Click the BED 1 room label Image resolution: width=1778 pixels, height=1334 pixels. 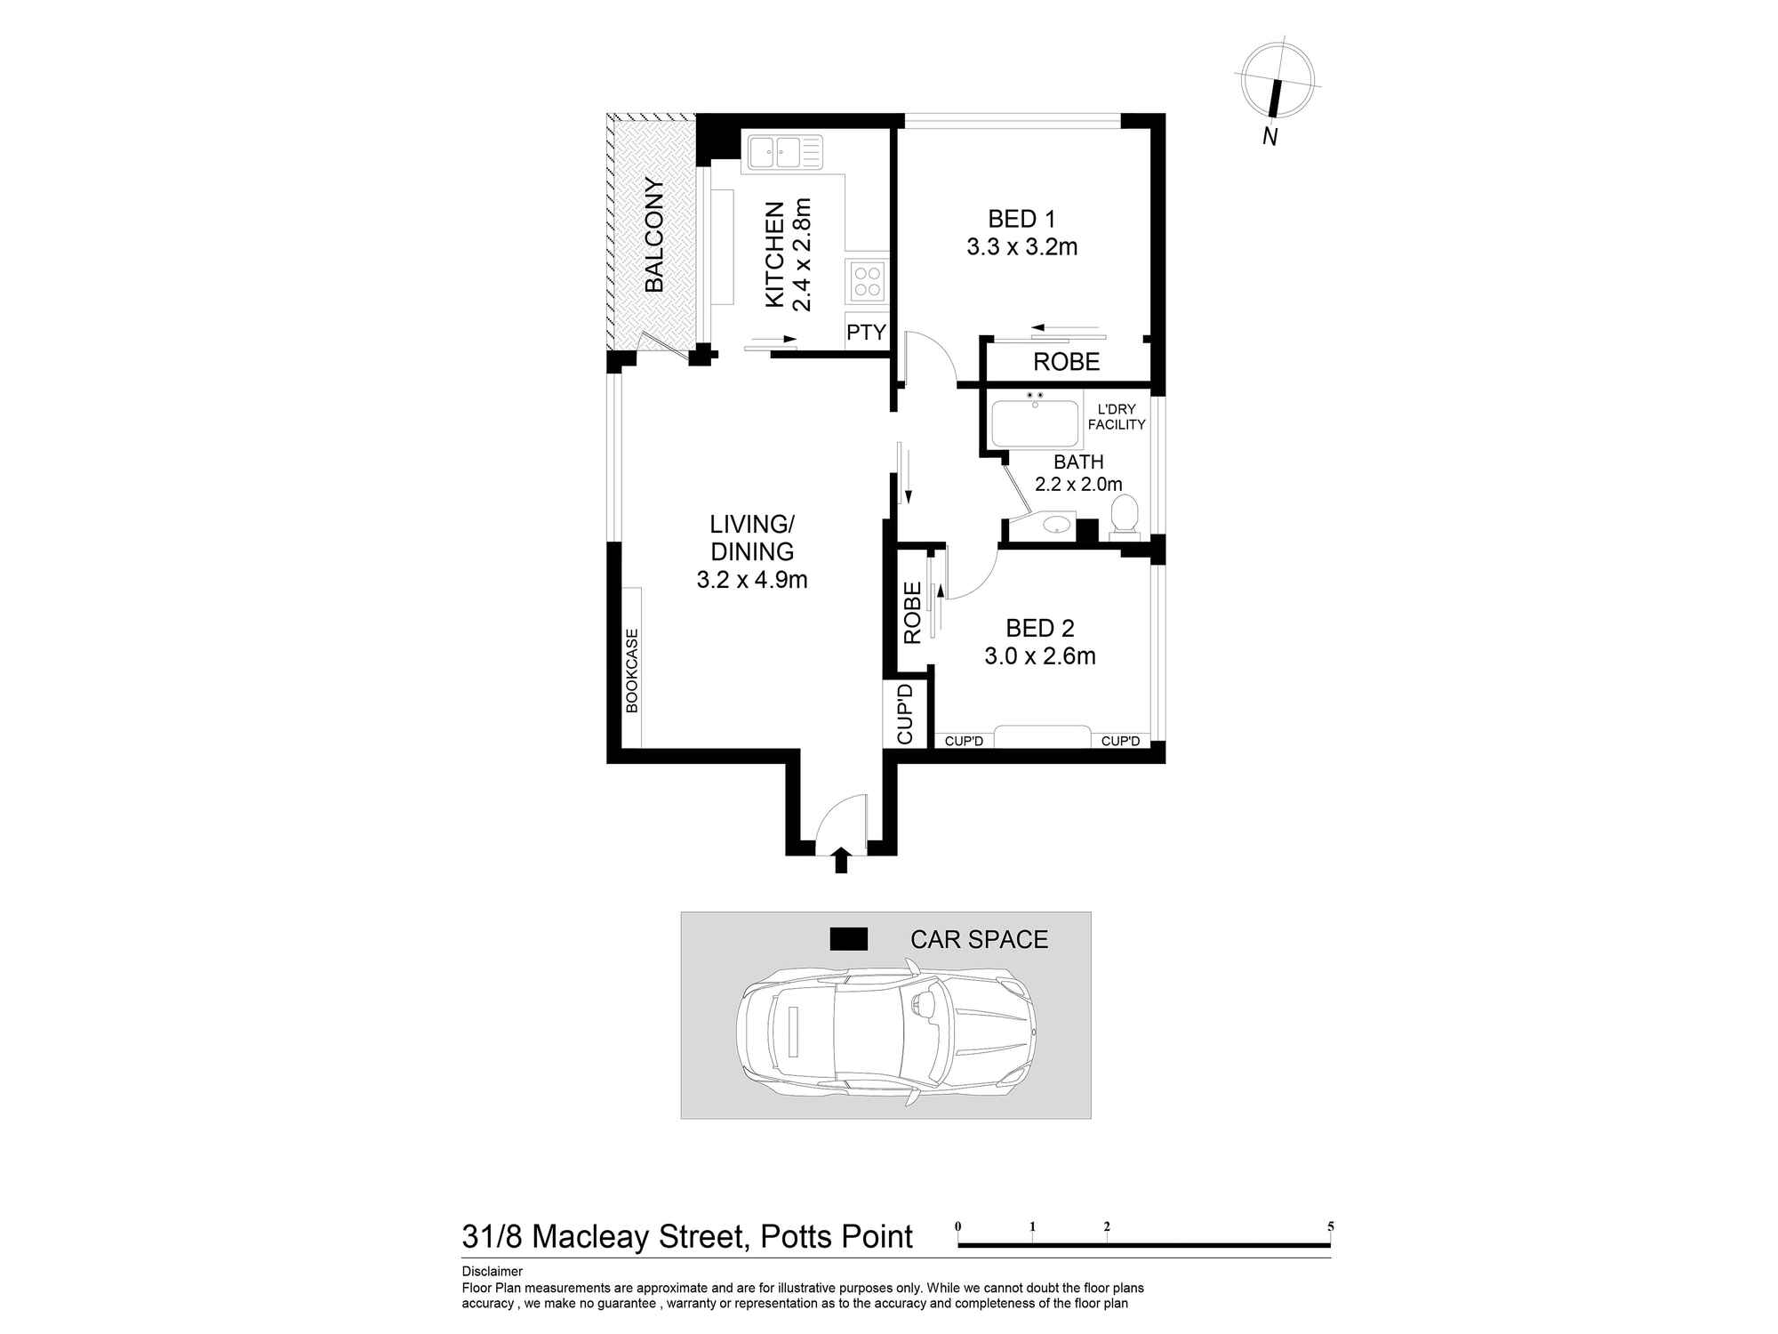[x=1021, y=219]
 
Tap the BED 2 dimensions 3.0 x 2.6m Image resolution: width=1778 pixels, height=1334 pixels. [x=1039, y=656]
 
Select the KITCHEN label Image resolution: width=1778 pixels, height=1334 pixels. [x=775, y=254]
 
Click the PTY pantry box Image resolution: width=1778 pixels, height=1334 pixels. [x=866, y=333]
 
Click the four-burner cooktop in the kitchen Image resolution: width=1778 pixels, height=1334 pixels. [x=868, y=281]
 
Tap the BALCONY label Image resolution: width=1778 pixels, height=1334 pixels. [x=654, y=236]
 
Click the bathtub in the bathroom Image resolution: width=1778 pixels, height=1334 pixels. [x=1034, y=423]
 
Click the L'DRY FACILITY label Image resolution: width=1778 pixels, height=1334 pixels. [x=1117, y=417]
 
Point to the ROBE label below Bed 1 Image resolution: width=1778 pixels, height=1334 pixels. [x=1066, y=362]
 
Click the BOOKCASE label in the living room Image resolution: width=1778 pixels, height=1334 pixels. [x=632, y=671]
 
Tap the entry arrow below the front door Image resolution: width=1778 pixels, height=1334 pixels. [x=841, y=861]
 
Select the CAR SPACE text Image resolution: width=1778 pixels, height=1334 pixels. [x=979, y=939]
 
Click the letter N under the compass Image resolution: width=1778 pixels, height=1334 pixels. [x=1270, y=137]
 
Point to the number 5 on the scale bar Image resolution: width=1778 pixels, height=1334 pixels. [x=1330, y=1226]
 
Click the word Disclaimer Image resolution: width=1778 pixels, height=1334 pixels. [x=492, y=1272]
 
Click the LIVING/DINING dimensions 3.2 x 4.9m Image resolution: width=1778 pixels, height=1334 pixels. [x=752, y=581]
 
